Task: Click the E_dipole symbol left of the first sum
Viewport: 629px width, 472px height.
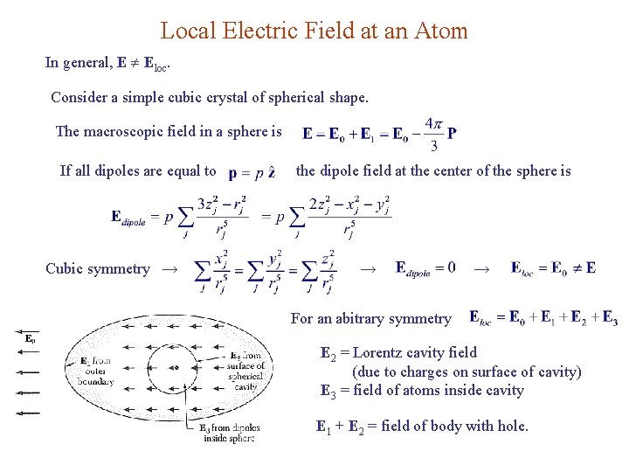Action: tap(136, 216)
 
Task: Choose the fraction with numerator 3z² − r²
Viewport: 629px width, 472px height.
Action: tap(222, 216)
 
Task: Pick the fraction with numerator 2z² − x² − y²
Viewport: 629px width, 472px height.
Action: tap(349, 216)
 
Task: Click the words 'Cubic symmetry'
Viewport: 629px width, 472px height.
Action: tap(98, 269)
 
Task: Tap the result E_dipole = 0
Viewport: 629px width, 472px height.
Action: tap(425, 267)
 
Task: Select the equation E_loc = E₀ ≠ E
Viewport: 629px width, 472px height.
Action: tap(553, 267)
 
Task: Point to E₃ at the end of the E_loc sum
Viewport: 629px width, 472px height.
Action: tap(610, 317)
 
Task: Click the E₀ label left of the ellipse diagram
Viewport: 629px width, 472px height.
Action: tap(31, 338)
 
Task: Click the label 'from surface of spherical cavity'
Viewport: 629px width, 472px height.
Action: tap(246, 371)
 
